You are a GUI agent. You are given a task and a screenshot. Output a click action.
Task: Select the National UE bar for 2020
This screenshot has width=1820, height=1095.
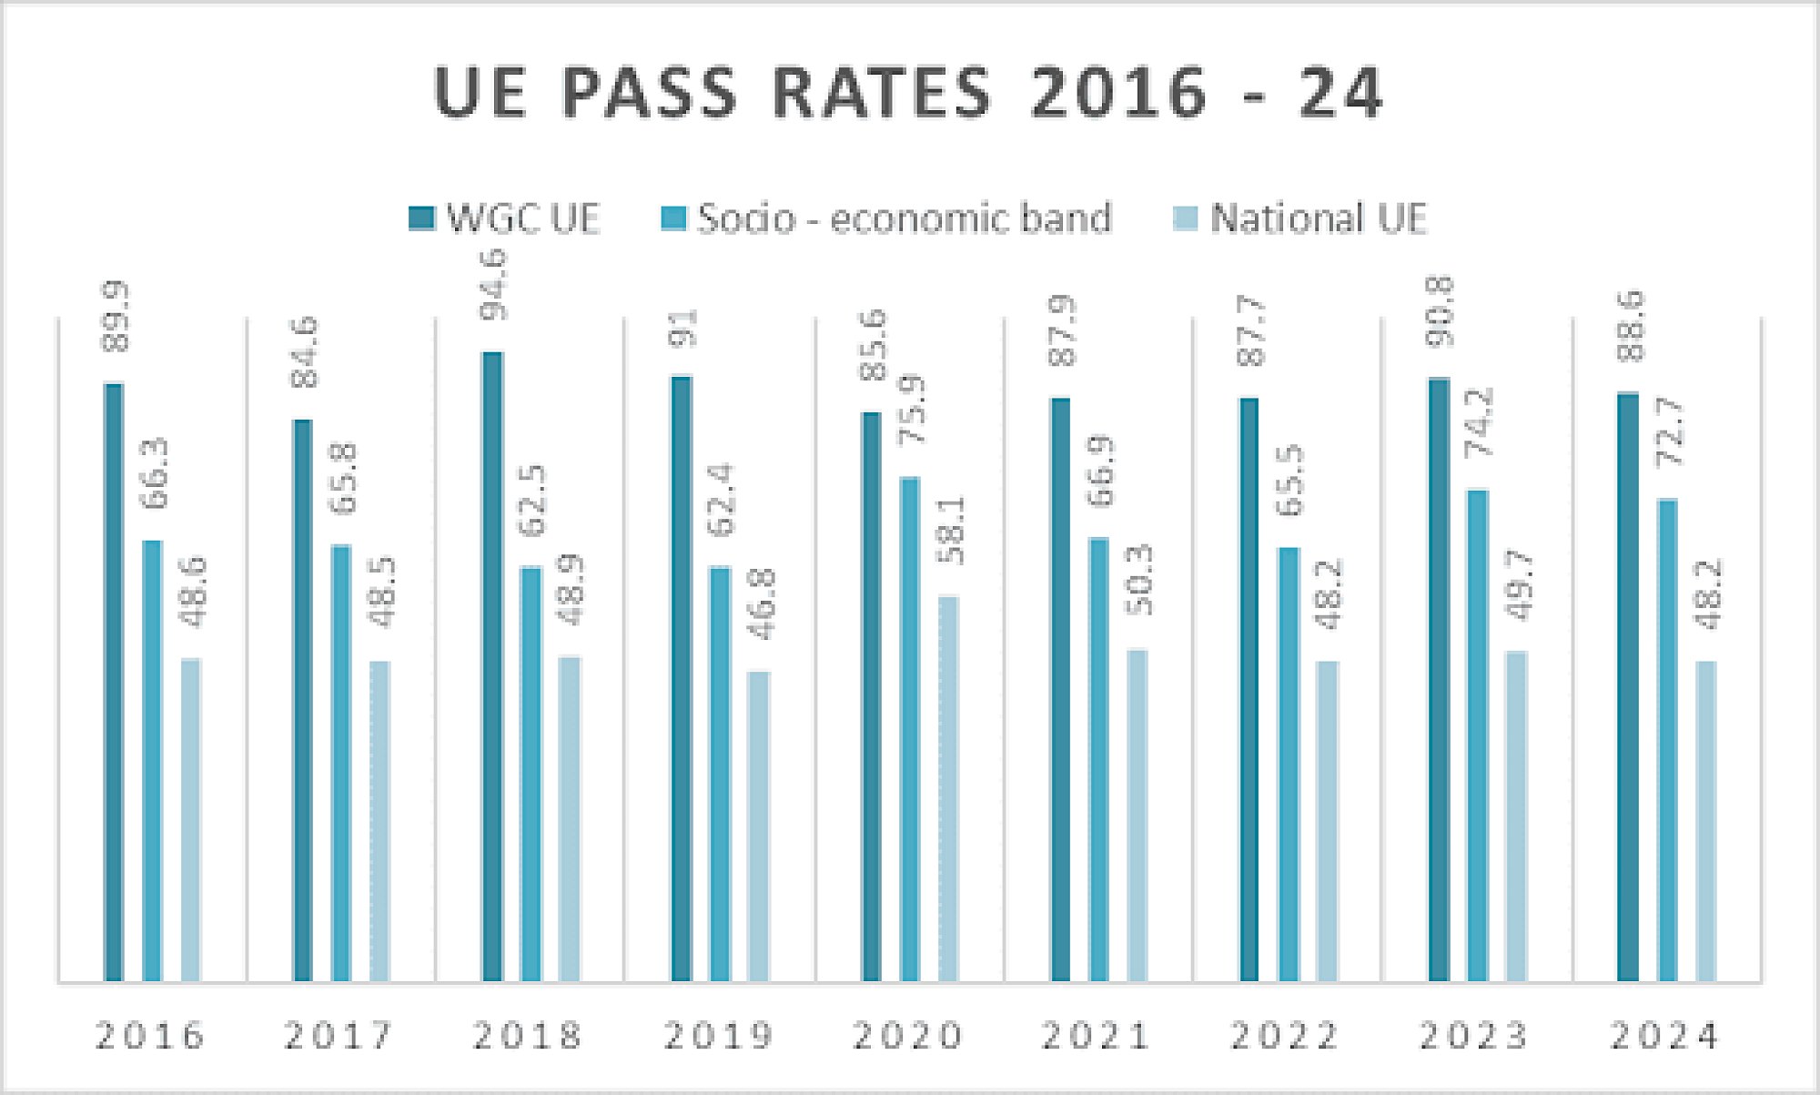pos(948,788)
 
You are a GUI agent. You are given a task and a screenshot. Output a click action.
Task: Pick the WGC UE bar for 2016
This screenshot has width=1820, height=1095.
pos(114,682)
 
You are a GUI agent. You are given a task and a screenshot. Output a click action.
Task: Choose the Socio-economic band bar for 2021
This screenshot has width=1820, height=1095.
pos(1099,759)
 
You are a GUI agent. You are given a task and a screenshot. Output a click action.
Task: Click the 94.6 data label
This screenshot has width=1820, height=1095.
pos(494,286)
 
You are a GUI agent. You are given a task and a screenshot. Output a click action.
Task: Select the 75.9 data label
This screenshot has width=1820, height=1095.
pos(911,410)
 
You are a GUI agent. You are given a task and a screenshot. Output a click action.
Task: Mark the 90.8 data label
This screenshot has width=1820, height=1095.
pos(1441,312)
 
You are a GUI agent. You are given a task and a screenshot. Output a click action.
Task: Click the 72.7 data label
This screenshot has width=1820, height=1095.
pos(1670,432)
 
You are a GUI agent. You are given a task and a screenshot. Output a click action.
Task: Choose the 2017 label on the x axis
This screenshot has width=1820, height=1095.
pos(339,1036)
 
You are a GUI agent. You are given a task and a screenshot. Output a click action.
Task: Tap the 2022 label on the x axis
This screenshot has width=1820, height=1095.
pos(1285,1036)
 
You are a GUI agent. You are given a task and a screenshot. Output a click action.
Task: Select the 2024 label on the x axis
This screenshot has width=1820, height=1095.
pos(1665,1036)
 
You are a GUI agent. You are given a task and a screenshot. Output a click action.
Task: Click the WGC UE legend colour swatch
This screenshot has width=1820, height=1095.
pos(421,218)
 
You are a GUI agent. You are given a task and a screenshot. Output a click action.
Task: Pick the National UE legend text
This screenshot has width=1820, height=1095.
pos(1319,218)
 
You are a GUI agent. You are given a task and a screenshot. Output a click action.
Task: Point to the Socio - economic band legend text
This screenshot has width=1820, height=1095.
pos(905,218)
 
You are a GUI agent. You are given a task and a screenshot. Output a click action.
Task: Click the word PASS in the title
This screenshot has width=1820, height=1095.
pos(649,93)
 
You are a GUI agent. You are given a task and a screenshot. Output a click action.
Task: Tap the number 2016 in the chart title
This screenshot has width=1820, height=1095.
pos(1119,93)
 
